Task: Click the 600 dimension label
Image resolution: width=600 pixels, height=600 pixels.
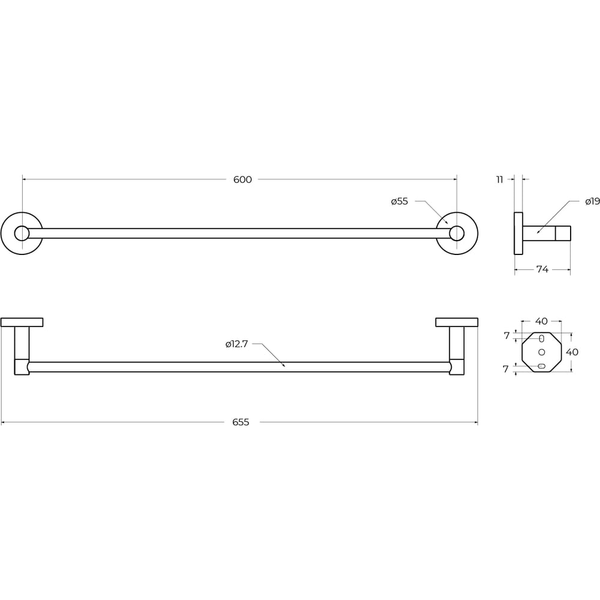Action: [242, 179]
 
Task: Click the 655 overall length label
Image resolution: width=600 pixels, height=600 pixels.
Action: [241, 422]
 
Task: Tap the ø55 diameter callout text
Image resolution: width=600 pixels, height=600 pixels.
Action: [400, 201]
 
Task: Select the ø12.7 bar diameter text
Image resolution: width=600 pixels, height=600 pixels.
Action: [236, 344]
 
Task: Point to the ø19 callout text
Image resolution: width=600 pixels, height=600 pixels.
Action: [592, 201]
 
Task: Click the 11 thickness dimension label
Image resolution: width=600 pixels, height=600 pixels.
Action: [499, 179]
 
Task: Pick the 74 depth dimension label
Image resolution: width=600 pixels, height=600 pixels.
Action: [542, 269]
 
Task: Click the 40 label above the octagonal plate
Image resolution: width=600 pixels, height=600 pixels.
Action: [541, 321]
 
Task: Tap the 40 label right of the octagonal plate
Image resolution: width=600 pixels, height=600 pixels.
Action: [572, 352]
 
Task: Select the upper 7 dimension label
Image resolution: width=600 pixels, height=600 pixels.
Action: [506, 335]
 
